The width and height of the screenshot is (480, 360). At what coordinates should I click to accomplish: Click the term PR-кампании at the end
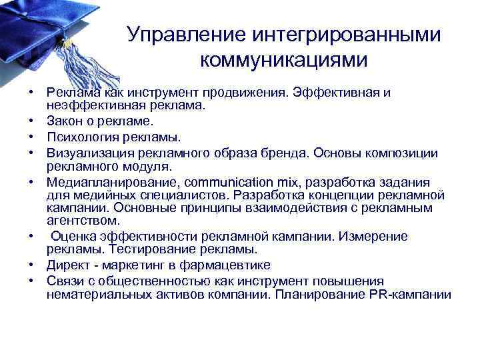click(x=409, y=294)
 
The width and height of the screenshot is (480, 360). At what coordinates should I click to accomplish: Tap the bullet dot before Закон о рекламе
click(x=31, y=122)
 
